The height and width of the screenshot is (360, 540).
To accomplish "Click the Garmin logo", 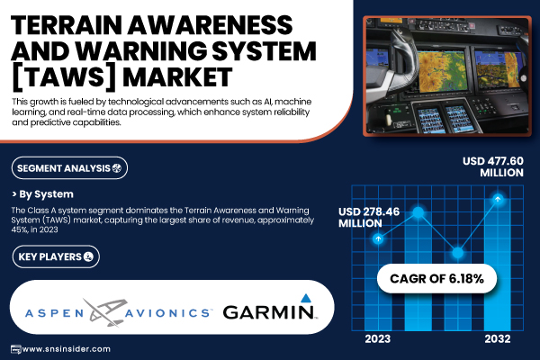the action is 270,307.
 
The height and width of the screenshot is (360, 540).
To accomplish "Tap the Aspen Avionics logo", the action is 117,312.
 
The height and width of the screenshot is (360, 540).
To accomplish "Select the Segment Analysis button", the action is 69,168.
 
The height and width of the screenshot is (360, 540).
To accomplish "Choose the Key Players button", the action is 56,256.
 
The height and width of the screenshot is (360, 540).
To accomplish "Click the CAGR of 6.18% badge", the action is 436,278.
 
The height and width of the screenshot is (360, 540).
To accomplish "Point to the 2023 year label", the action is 378,339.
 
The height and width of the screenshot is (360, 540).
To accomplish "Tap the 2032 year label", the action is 498,339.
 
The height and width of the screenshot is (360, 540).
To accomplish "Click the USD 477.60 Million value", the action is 493,166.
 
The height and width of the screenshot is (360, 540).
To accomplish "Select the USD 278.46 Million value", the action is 369,218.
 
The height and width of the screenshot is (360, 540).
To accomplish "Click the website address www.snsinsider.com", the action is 66,349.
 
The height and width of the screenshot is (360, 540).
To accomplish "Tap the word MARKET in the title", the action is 177,76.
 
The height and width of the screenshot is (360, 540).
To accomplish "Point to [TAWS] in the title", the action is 64,77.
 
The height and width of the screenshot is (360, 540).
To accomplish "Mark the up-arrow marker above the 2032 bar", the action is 498,199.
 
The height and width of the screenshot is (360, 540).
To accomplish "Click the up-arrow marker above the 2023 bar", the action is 378,238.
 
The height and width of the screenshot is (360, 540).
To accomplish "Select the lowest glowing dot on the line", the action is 458,253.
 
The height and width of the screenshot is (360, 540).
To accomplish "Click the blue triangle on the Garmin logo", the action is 306,298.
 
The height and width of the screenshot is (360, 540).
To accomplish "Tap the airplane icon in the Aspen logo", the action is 104,313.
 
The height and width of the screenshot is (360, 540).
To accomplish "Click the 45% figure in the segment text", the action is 19,229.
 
